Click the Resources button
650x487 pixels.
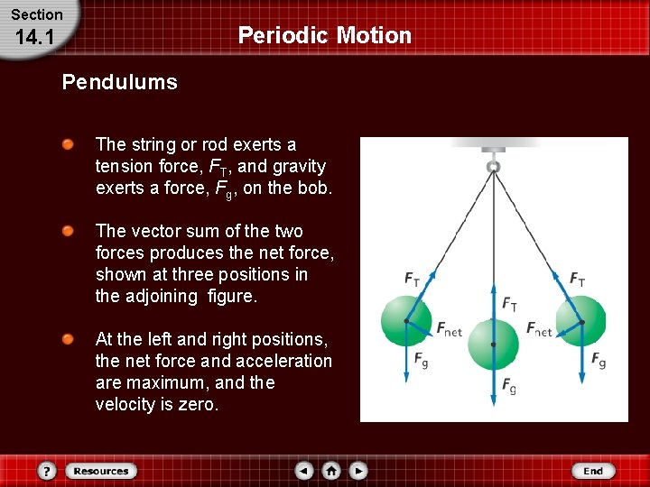(x=100, y=471)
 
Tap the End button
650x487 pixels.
(x=593, y=471)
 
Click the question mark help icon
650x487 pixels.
(x=47, y=471)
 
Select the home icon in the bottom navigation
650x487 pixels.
(x=331, y=471)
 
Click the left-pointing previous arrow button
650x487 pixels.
(x=304, y=471)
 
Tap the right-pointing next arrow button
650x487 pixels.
(x=358, y=471)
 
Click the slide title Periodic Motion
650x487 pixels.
(x=324, y=35)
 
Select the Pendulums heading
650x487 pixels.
(x=119, y=83)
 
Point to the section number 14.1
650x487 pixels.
(x=37, y=39)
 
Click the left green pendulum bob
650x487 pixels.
(x=405, y=320)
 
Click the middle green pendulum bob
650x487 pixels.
(x=493, y=344)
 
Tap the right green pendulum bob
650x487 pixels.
(x=580, y=320)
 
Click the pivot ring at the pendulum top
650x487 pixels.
(x=493, y=167)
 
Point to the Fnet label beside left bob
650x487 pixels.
(x=450, y=329)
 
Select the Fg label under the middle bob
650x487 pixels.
(x=510, y=386)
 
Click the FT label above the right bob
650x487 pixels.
(x=577, y=280)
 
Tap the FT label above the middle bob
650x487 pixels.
(x=510, y=303)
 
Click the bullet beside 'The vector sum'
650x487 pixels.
(x=68, y=232)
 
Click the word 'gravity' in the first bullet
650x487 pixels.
(x=299, y=166)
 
